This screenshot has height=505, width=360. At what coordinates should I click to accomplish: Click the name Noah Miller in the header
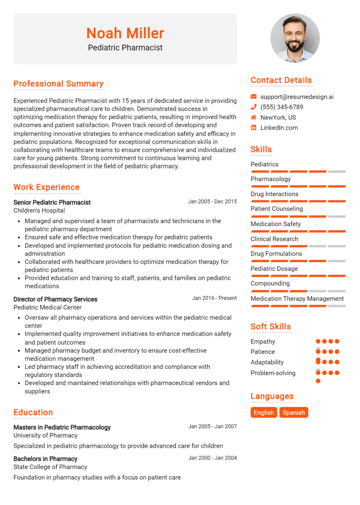click(125, 33)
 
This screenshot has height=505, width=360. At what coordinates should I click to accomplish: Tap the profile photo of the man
click(295, 38)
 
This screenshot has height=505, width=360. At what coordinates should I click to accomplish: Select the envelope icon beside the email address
click(254, 97)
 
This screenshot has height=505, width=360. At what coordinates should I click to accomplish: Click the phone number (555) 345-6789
click(282, 107)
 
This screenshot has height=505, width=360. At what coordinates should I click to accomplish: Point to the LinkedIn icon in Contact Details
click(254, 128)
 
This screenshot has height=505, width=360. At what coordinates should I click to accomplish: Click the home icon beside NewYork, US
click(254, 118)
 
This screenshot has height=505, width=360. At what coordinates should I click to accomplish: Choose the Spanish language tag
click(294, 413)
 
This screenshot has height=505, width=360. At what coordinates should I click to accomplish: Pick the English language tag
click(263, 413)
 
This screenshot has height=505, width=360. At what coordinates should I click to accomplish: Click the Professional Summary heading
click(59, 84)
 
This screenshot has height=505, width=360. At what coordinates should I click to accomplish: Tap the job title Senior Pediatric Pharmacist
click(52, 202)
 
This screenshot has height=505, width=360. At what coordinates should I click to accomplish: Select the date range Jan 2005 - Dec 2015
click(212, 202)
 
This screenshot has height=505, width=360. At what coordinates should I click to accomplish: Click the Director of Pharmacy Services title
click(55, 299)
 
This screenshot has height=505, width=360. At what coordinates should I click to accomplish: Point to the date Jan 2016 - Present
click(214, 298)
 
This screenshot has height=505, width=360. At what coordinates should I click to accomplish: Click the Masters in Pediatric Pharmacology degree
click(62, 427)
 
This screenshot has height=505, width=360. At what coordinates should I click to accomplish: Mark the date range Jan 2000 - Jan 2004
click(212, 458)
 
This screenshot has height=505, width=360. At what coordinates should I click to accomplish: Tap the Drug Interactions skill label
click(274, 194)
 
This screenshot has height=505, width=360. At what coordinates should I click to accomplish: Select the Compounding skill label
click(270, 283)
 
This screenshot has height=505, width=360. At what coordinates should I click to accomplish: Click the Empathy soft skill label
click(262, 342)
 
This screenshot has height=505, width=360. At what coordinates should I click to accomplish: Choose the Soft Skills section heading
click(270, 327)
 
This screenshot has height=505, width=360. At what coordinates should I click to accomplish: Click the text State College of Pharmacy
click(50, 467)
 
